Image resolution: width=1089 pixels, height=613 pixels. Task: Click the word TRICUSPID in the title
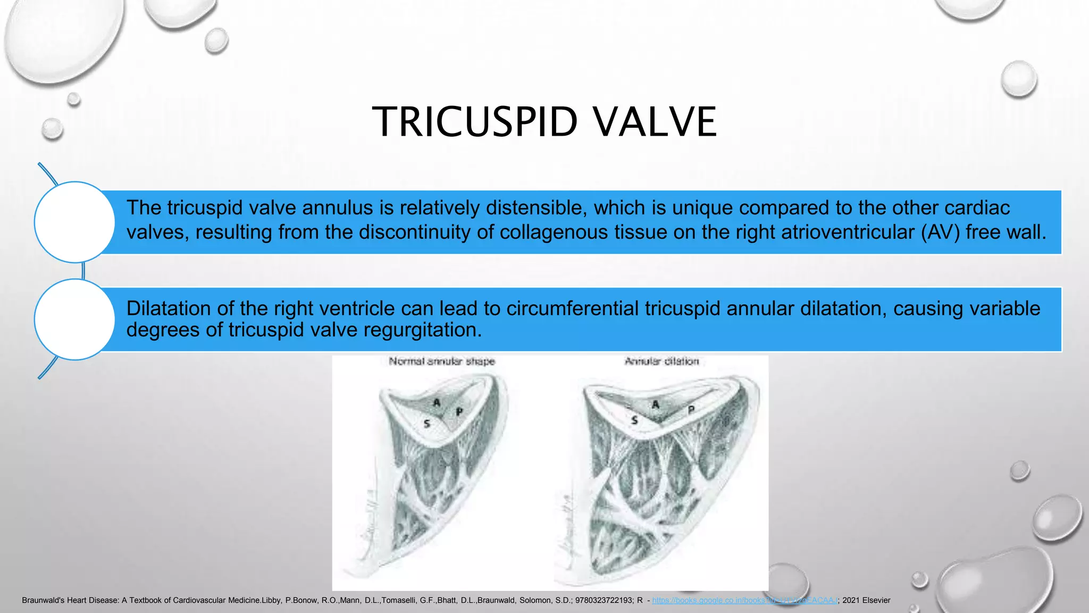click(x=474, y=122)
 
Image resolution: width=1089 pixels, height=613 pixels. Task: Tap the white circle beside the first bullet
click(x=74, y=222)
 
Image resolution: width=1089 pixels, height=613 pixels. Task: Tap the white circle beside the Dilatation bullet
click(x=74, y=319)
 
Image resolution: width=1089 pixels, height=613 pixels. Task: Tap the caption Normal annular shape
click(x=441, y=361)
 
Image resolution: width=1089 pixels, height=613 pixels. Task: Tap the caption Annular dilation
click(x=661, y=361)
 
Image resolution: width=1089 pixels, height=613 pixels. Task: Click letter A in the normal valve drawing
click(x=437, y=402)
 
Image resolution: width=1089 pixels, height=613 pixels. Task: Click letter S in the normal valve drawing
click(x=426, y=424)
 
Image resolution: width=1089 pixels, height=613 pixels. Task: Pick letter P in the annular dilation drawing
click(x=691, y=410)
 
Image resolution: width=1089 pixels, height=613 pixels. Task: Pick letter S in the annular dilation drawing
click(x=634, y=420)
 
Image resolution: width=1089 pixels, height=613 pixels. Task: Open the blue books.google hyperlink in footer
click(x=744, y=600)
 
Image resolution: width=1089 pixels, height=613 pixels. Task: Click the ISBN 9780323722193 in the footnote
click(x=604, y=600)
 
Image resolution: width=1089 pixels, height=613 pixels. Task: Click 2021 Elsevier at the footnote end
click(x=866, y=600)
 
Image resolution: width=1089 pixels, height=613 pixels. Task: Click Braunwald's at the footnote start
click(x=43, y=600)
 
